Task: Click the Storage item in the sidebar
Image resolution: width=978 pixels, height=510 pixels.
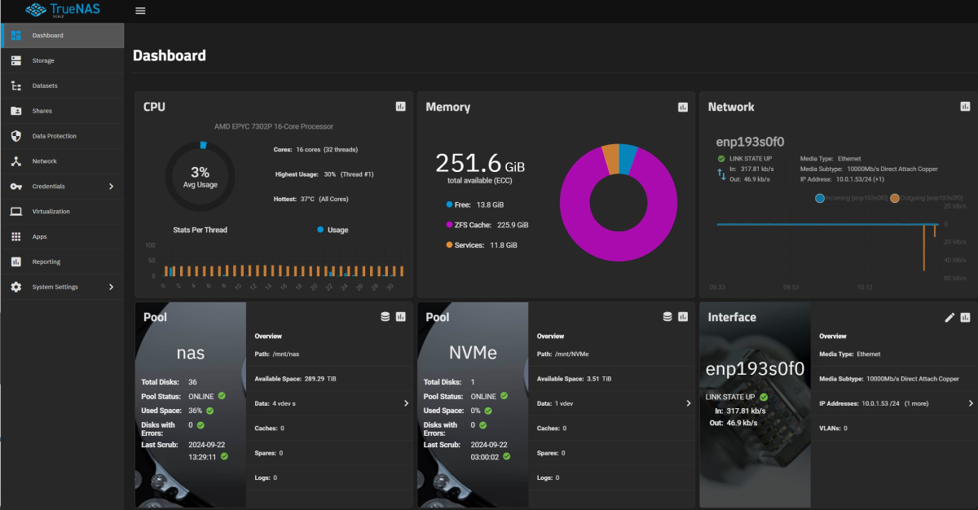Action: tap(43, 60)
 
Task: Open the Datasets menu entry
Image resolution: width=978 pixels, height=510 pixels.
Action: tap(45, 86)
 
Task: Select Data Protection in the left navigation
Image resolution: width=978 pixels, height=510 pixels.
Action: tap(54, 136)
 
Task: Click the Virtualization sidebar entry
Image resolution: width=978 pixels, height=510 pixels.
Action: tap(51, 211)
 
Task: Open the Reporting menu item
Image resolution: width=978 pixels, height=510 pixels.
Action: tap(46, 262)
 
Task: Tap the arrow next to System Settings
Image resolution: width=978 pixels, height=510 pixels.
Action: tap(112, 287)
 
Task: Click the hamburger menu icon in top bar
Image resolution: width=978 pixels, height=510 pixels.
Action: tap(140, 11)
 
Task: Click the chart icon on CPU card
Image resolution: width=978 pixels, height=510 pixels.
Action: tap(400, 107)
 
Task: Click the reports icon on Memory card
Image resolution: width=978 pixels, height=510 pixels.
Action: tap(683, 107)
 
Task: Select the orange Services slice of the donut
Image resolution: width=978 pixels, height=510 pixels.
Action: tap(610, 157)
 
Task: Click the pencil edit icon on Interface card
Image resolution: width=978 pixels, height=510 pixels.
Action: tap(949, 317)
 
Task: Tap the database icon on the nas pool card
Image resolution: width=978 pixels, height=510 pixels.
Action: tap(385, 317)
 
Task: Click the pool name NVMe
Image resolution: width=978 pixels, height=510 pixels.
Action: tap(472, 353)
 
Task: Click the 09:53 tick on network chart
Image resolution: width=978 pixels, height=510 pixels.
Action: tap(791, 287)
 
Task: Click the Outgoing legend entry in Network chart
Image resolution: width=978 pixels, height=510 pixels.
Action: tap(930, 198)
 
